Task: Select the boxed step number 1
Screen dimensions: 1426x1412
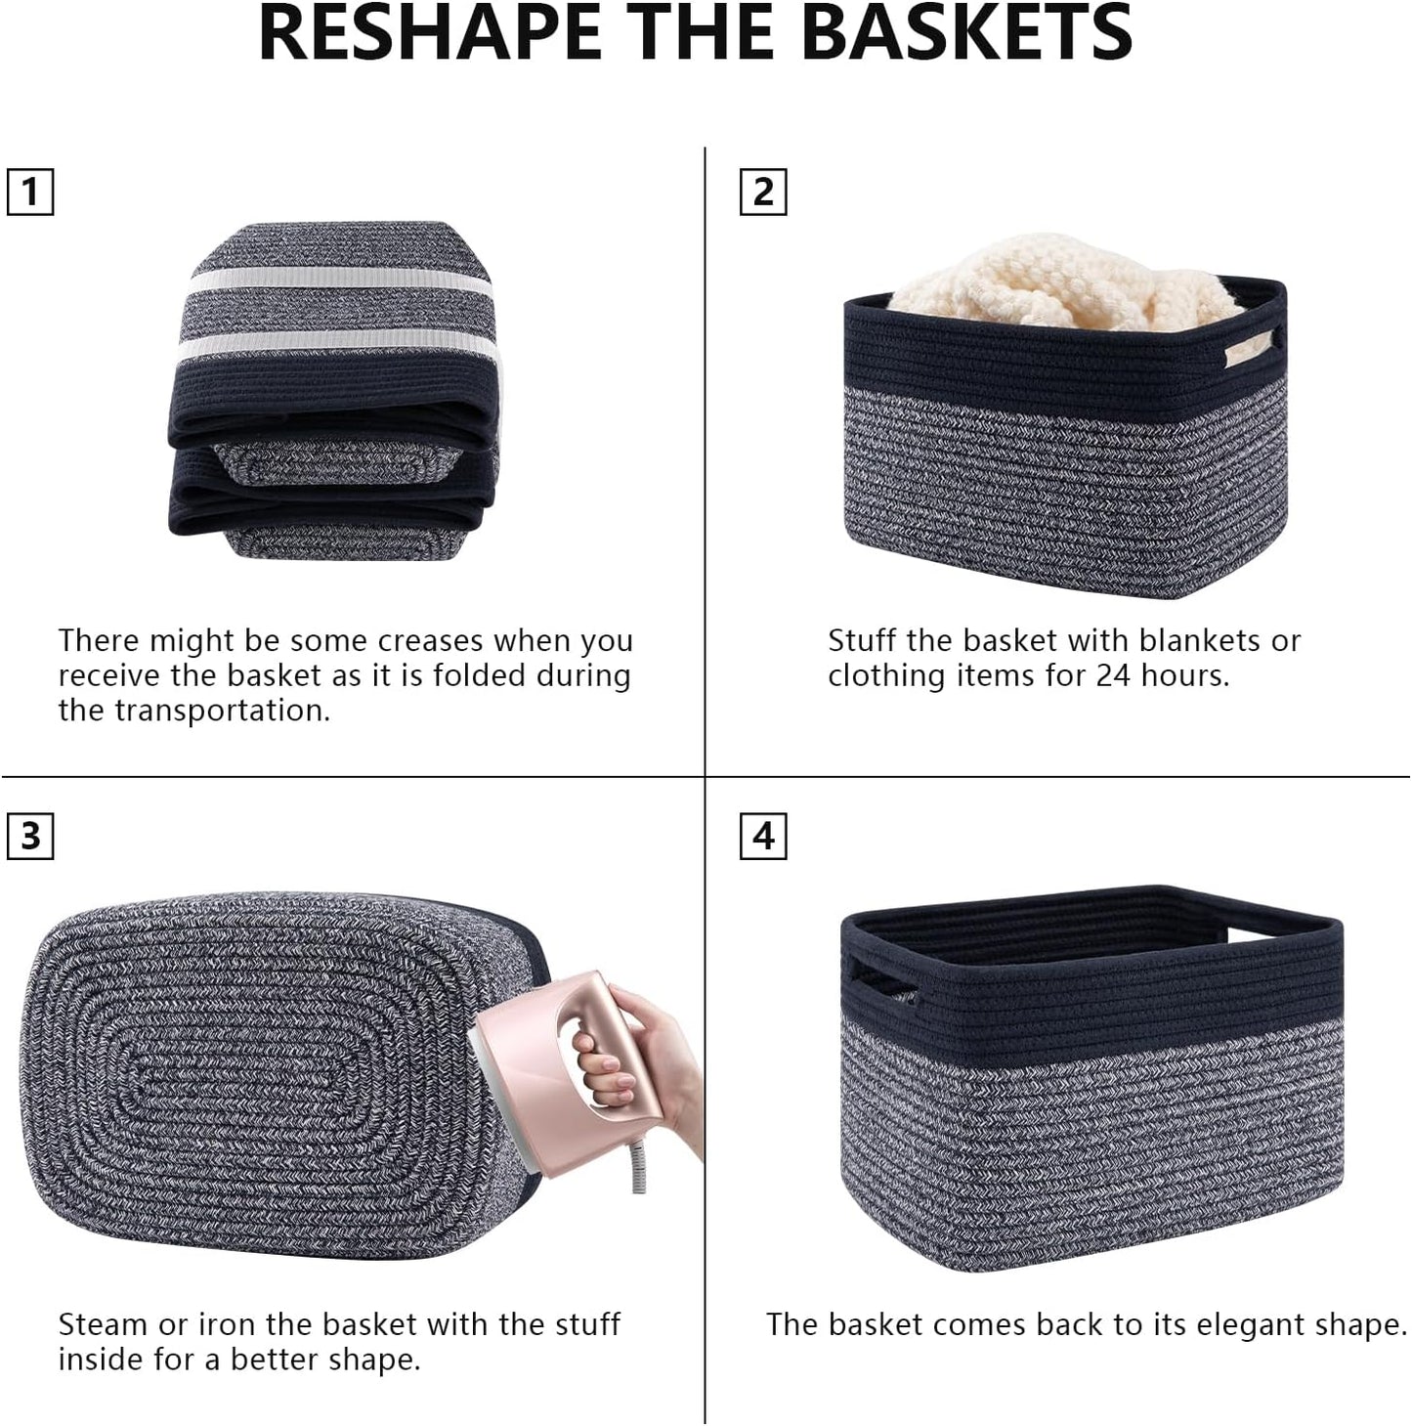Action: click(30, 192)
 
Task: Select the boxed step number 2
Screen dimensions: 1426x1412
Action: click(763, 192)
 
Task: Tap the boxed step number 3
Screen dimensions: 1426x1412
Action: click(30, 837)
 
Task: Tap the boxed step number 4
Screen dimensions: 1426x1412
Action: click(763, 837)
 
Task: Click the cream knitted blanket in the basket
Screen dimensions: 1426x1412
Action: click(1055, 279)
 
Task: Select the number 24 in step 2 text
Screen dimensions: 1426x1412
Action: click(1112, 675)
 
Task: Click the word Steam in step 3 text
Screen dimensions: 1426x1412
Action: click(104, 1324)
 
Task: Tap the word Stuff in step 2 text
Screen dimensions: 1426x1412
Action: click(863, 641)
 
